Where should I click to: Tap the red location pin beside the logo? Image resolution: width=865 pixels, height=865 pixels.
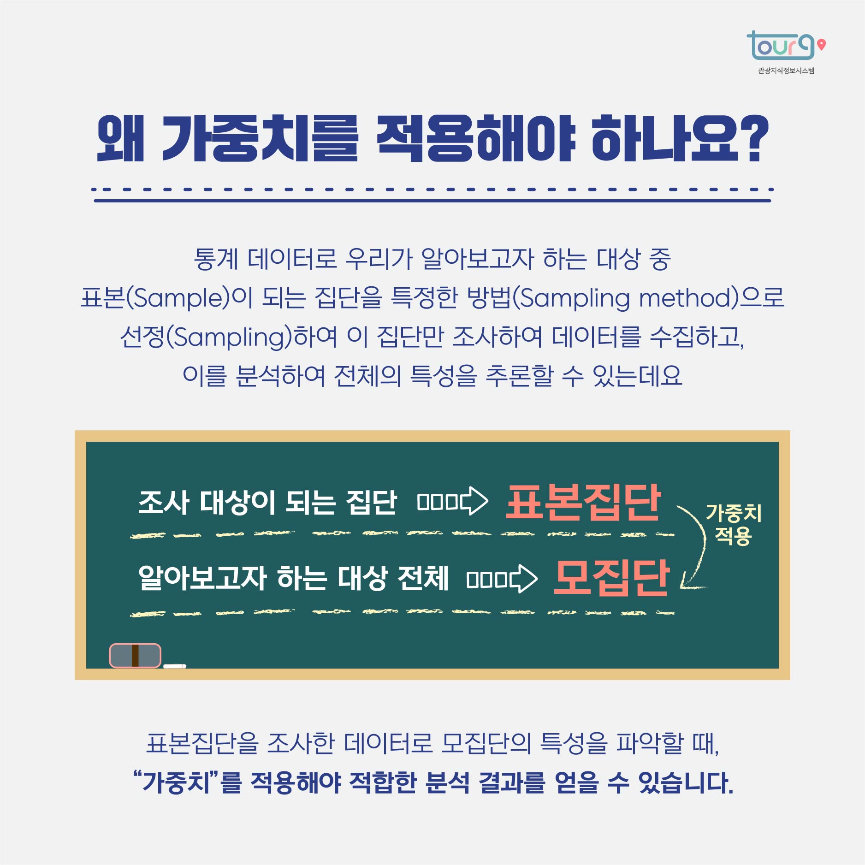coord(821,45)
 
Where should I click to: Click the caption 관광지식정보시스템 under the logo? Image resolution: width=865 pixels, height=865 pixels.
coord(786,71)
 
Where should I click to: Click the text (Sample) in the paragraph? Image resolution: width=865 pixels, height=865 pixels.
coord(178,297)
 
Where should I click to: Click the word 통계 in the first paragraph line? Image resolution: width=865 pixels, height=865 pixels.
coord(216,259)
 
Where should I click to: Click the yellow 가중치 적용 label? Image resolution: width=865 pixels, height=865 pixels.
coord(733,524)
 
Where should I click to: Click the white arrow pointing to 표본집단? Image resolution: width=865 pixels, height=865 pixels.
coord(452,501)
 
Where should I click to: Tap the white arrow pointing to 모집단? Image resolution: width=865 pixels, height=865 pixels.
coord(502,579)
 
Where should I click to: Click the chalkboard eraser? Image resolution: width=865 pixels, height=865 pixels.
coord(135,655)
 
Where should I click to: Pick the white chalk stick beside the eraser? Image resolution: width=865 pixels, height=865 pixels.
coord(175,666)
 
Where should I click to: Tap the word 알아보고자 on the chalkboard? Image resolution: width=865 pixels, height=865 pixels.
coord(202,577)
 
